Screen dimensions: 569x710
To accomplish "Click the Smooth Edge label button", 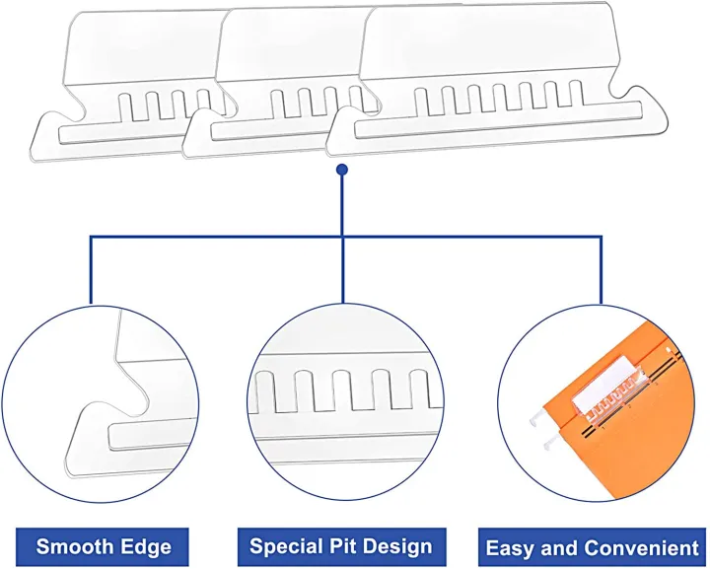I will [x=104, y=546].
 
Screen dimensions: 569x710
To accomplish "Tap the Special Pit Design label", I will [x=341, y=546].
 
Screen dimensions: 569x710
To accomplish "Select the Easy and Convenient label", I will [x=592, y=547].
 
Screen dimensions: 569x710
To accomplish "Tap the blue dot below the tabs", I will [x=341, y=170].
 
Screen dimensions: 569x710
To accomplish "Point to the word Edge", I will [x=146, y=546].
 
